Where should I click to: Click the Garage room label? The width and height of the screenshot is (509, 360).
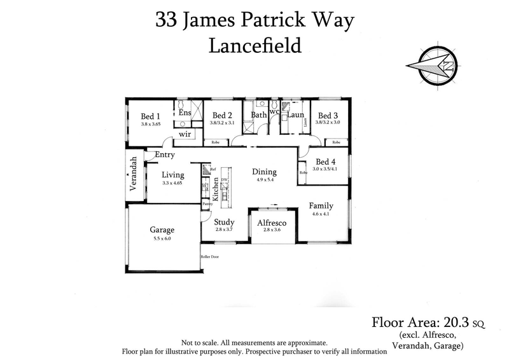[162, 230]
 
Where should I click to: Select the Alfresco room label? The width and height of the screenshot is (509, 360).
[272, 223]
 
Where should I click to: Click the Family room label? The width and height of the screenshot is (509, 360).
[321, 205]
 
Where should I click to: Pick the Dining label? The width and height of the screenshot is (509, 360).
[264, 172]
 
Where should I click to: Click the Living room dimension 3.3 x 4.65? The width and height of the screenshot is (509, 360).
[172, 183]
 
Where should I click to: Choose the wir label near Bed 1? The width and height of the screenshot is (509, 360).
[185, 134]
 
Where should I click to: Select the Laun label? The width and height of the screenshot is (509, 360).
[295, 115]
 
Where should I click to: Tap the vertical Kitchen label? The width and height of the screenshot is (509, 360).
[216, 190]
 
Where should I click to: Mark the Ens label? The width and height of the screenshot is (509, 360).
[185, 113]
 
